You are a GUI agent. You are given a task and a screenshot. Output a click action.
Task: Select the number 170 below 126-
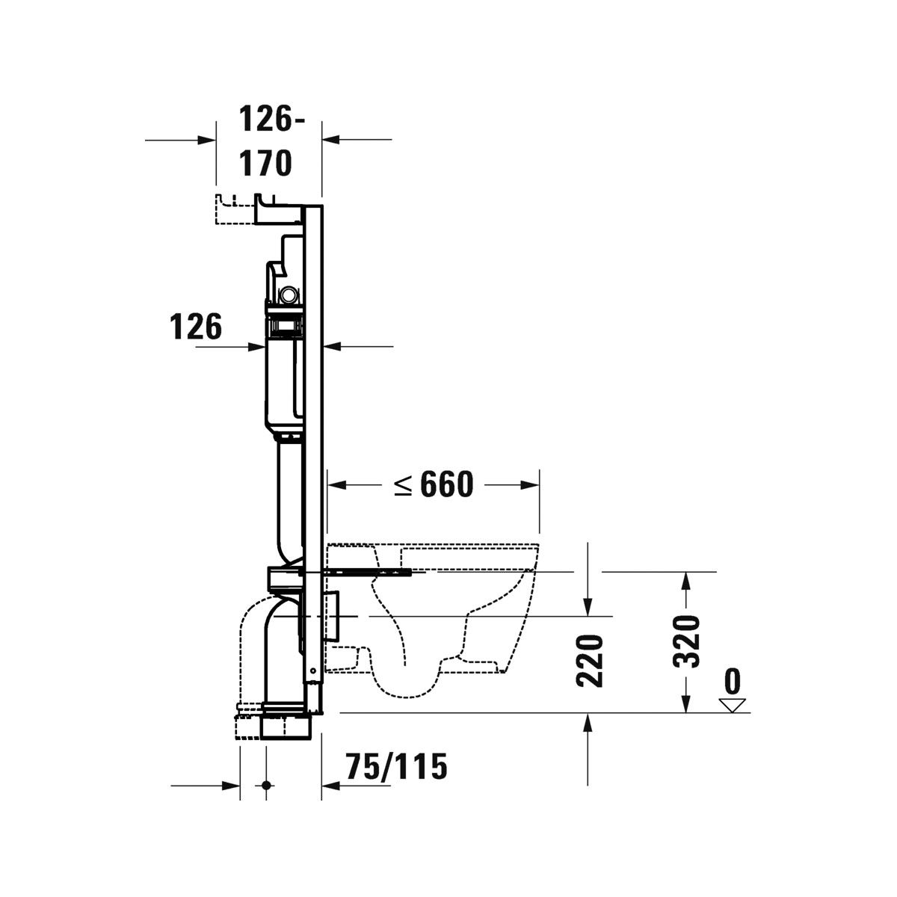[265, 163]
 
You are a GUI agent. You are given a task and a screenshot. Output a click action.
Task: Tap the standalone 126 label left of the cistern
[195, 327]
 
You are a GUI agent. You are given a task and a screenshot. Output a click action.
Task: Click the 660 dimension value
[447, 484]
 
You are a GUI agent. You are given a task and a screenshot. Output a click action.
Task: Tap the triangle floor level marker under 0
[733, 705]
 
